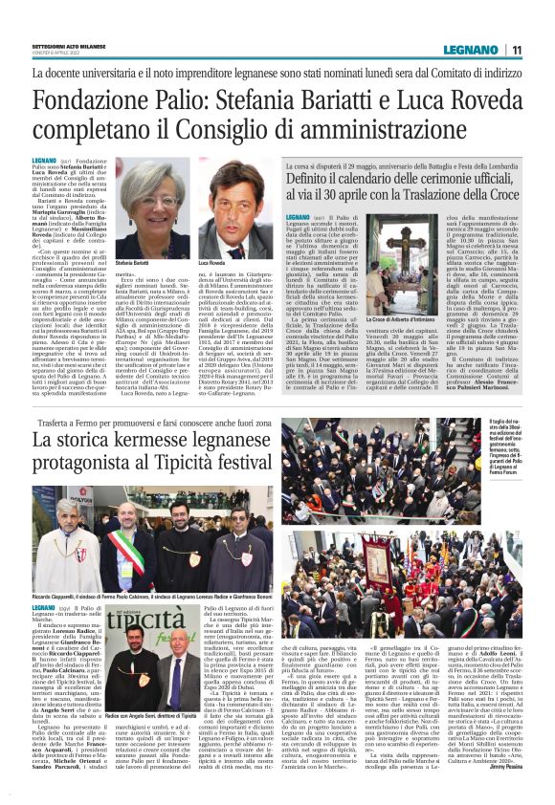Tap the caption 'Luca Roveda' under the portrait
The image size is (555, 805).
pyautogui.click(x=212, y=261)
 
